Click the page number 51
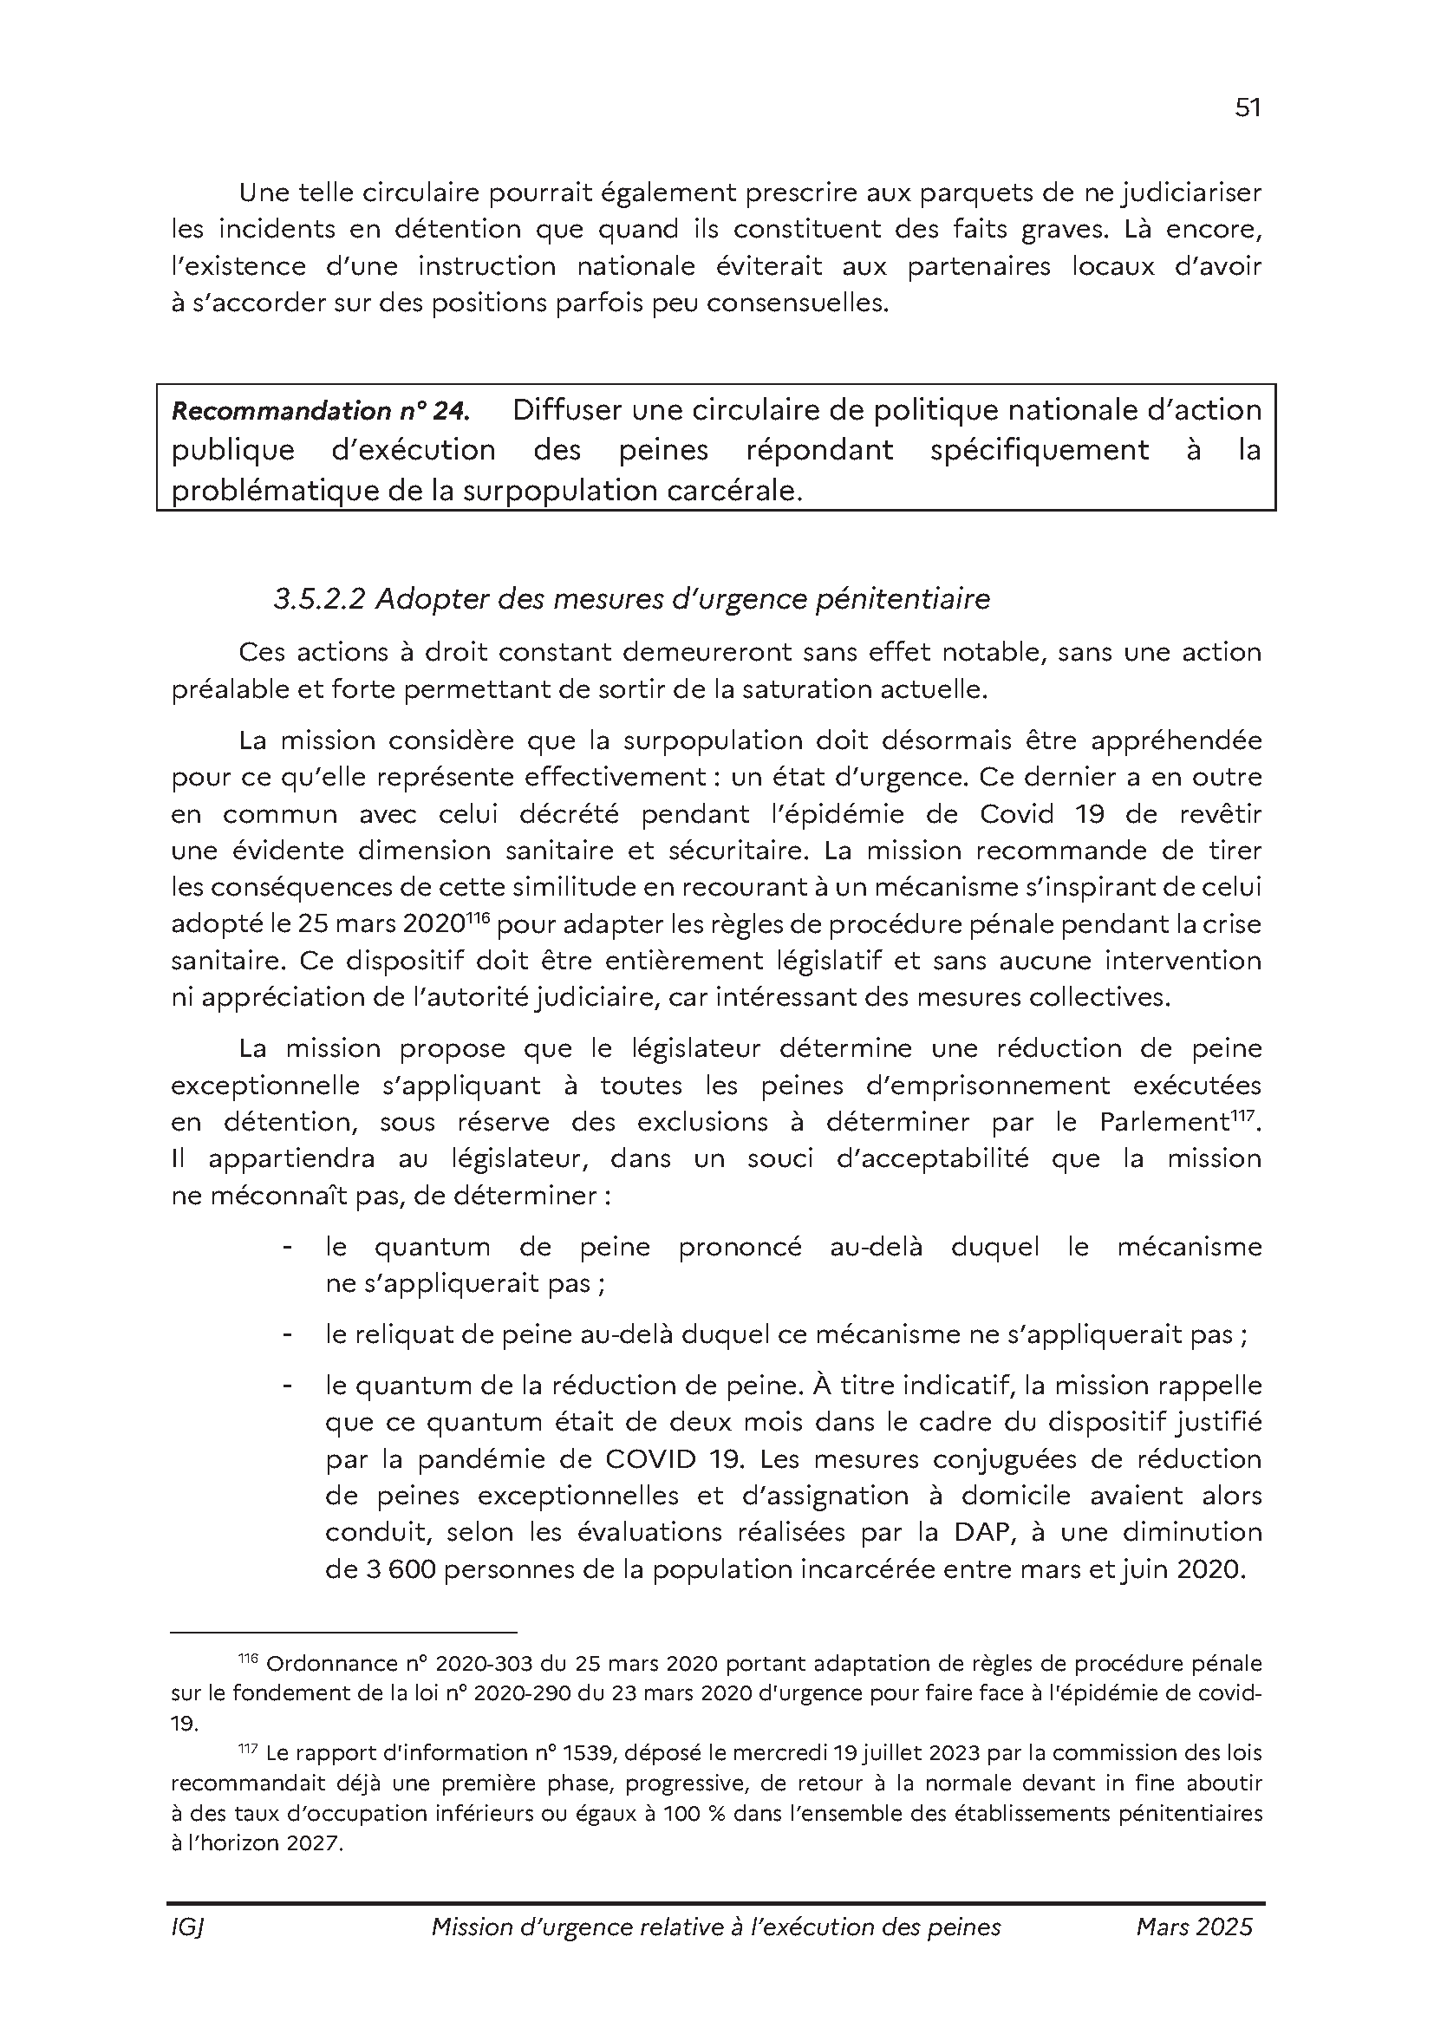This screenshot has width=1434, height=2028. (x=1247, y=108)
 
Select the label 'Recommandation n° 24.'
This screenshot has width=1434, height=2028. (x=320, y=412)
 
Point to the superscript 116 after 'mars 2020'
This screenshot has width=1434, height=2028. (x=478, y=918)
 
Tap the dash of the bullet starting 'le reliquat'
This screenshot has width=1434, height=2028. (x=287, y=1334)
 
